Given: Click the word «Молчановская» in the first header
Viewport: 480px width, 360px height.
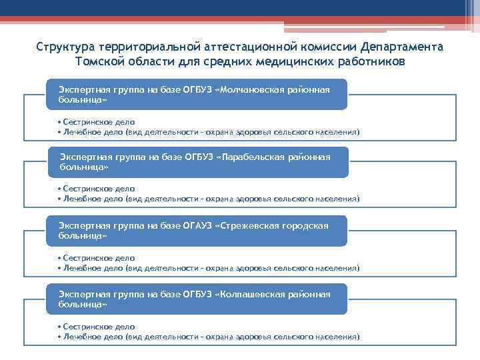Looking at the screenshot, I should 255,89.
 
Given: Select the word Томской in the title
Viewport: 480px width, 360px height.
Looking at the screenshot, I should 99,62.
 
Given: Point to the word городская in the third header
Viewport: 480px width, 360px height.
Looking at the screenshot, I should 306,225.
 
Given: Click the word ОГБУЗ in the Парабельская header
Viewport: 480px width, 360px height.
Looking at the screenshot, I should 198,157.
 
